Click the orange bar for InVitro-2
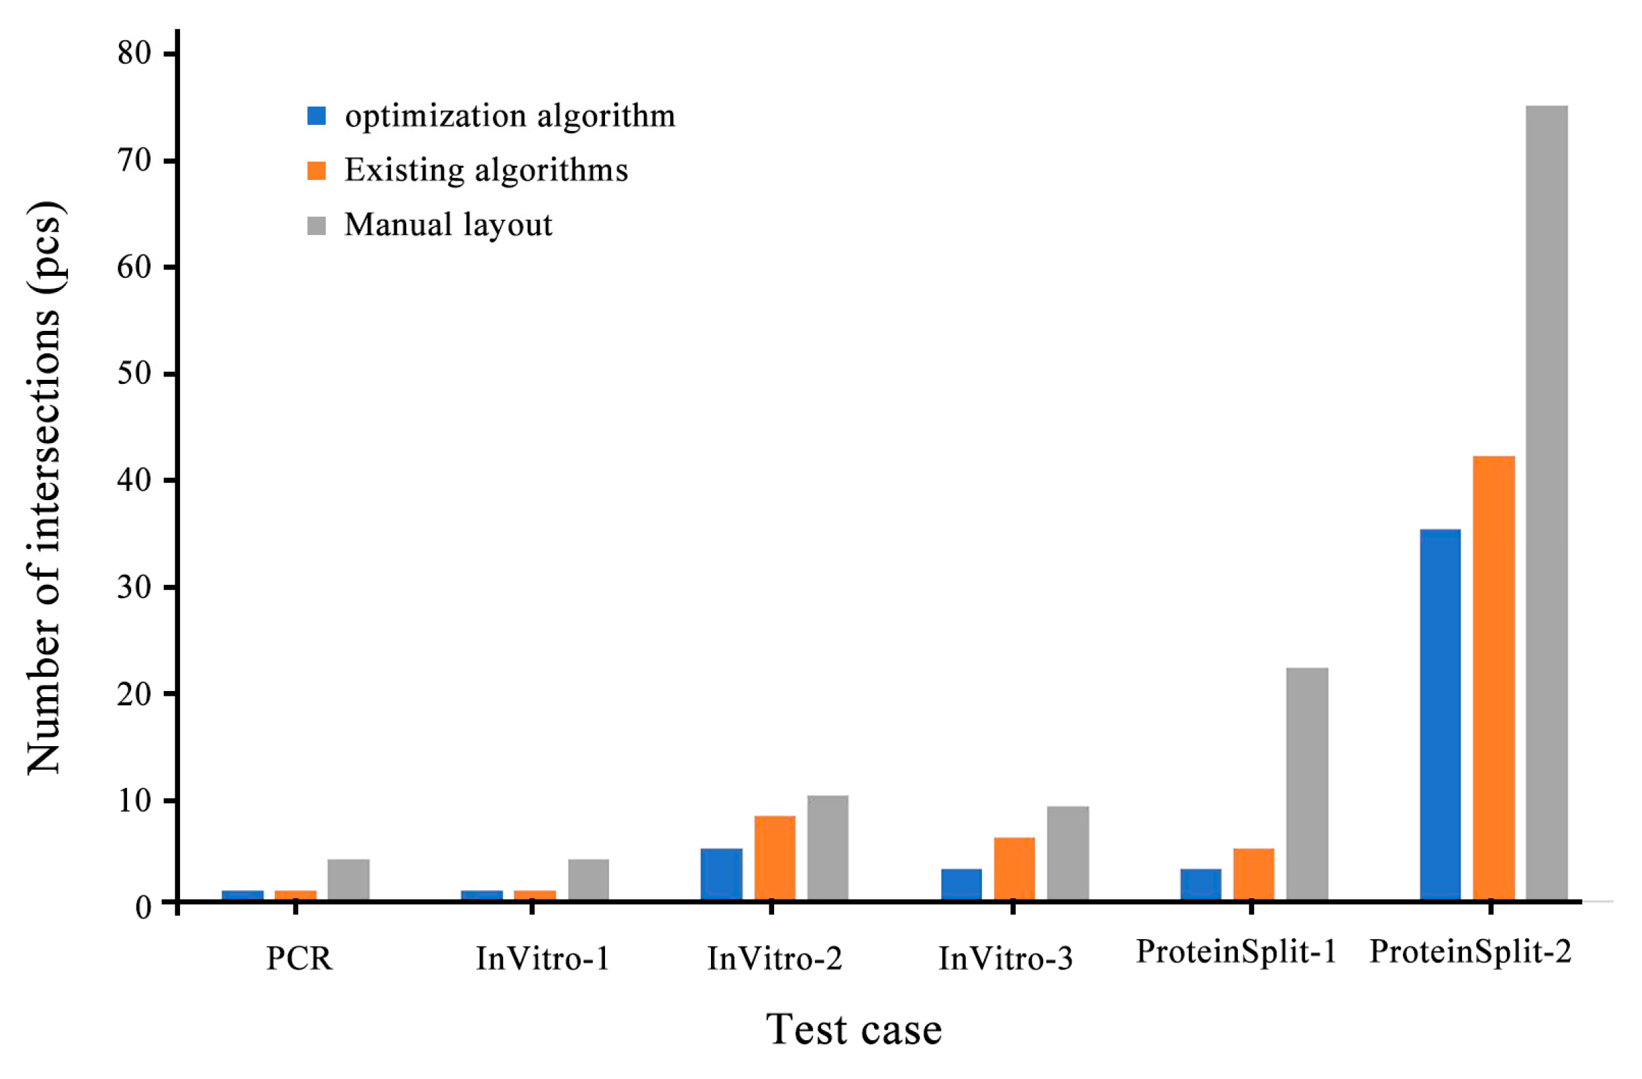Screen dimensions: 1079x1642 [775, 857]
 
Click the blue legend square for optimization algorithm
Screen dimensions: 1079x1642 [316, 116]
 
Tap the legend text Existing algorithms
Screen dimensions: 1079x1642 [486, 170]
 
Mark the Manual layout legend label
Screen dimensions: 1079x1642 [448, 224]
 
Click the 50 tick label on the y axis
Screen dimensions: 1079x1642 [134, 374]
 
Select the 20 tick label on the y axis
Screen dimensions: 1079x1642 [134, 694]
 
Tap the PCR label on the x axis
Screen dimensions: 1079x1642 [299, 958]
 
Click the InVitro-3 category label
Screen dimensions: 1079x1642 [1006, 958]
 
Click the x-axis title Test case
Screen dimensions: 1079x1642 [854, 1030]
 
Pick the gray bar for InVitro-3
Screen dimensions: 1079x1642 [1068, 853]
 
